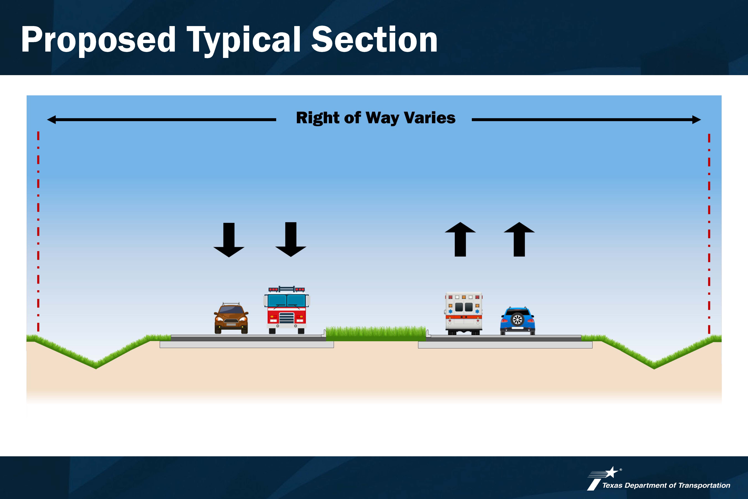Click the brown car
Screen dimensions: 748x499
pyautogui.click(x=231, y=318)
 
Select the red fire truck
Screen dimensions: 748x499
pyautogui.click(x=287, y=310)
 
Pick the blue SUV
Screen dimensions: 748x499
pyautogui.click(x=517, y=321)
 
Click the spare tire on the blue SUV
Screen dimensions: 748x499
pyautogui.click(x=517, y=319)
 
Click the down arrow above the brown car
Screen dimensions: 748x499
pyautogui.click(x=229, y=240)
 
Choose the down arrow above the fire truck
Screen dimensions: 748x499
pyautogui.click(x=291, y=239)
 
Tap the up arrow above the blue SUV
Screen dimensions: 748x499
pyautogui.click(x=519, y=239)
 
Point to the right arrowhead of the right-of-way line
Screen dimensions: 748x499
pyautogui.click(x=696, y=120)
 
